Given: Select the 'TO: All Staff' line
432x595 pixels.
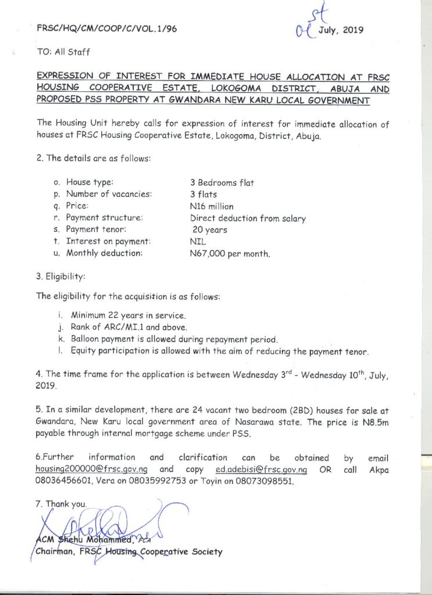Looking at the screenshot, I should [63, 52].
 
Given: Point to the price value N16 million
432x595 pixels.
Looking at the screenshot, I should [212, 206].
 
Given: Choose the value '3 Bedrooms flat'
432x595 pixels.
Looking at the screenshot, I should [222, 182].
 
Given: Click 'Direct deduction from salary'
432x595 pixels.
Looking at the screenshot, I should [248, 218].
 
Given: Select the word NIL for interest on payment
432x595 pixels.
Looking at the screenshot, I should [198, 242].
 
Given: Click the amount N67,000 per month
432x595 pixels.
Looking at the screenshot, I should [230, 254].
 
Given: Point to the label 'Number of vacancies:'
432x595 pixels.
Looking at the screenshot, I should [109, 194].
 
